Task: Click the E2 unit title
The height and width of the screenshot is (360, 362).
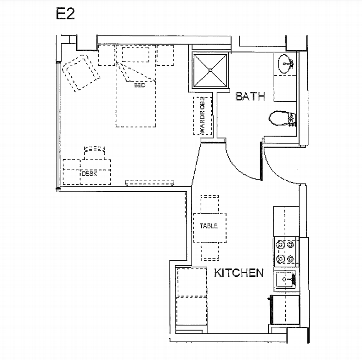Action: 65,14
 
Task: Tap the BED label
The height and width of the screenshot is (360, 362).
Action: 140,85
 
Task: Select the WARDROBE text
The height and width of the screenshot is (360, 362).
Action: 202,115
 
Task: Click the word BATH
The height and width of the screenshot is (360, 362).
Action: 250,97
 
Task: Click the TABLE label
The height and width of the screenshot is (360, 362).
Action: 209,226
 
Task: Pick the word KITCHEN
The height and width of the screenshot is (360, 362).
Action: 239,273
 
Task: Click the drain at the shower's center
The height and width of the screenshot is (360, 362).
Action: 210,70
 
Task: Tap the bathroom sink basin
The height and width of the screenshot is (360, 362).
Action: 285,62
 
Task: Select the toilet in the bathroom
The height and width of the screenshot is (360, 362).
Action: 278,118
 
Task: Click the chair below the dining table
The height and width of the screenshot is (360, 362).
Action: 210,251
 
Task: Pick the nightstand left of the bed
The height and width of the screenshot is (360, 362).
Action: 107,55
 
